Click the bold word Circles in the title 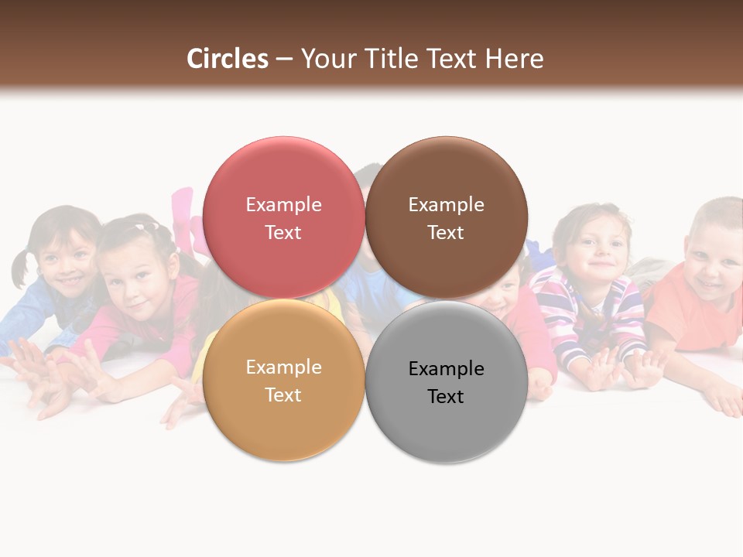(228, 59)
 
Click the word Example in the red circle (283, 205)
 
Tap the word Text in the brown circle (446, 233)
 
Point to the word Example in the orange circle (283, 367)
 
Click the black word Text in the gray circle (446, 397)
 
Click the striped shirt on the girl (596, 309)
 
